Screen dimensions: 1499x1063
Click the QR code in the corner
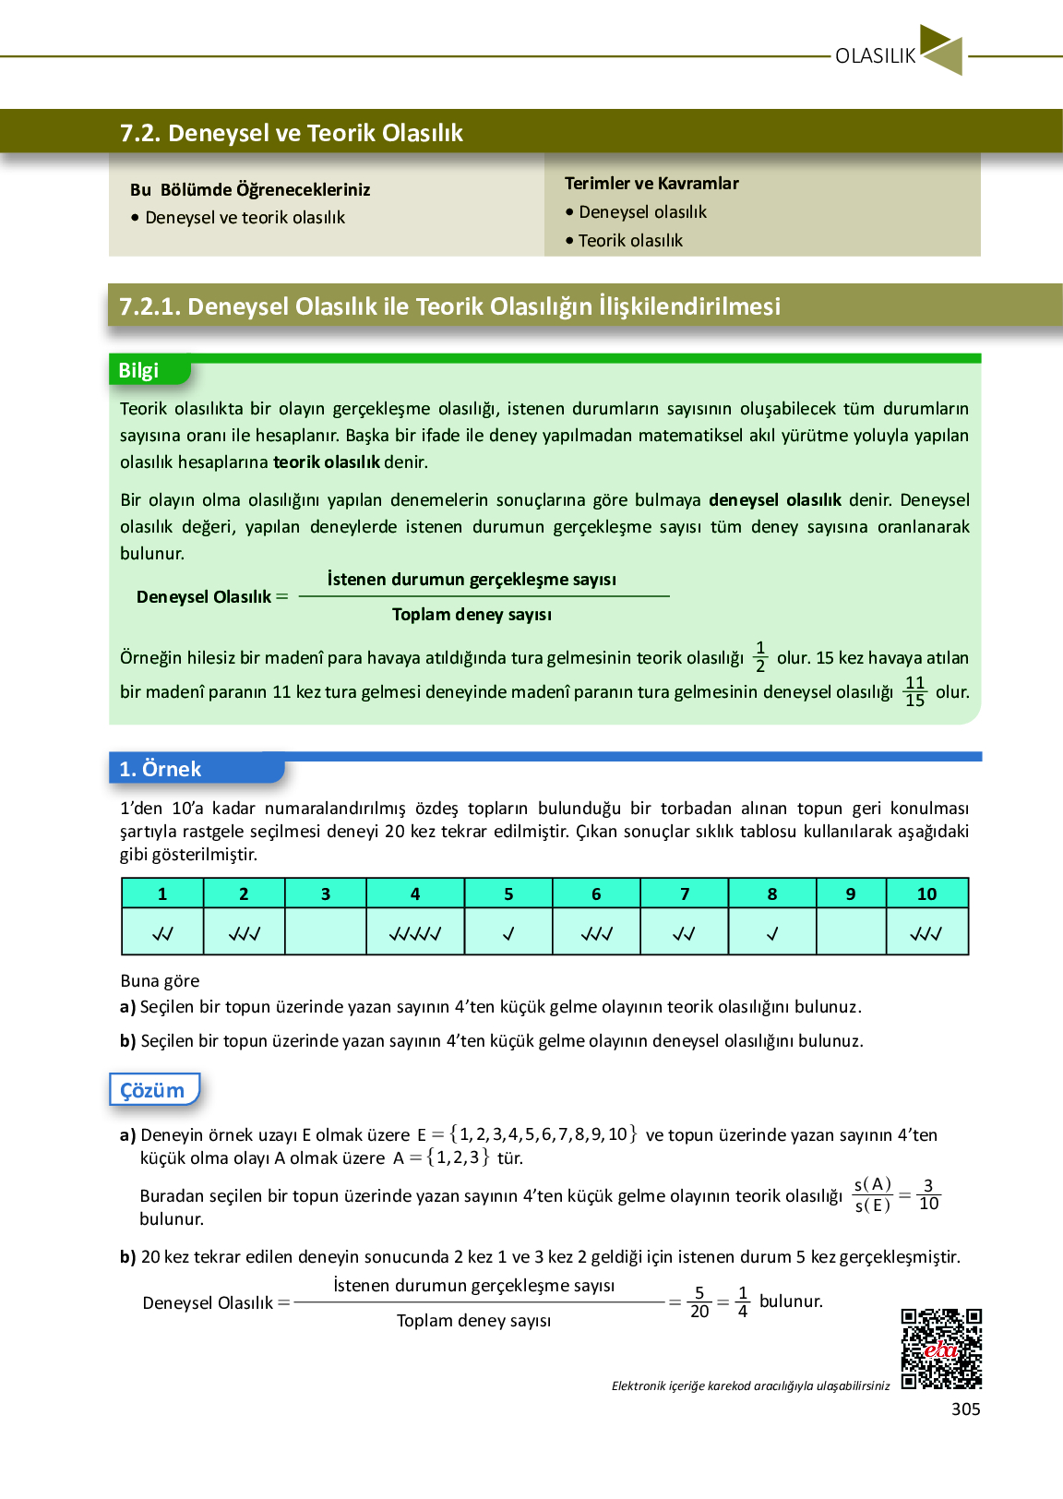click(941, 1349)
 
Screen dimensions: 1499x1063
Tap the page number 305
click(965, 1409)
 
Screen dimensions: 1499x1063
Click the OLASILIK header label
click(875, 56)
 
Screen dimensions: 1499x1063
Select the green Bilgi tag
click(139, 371)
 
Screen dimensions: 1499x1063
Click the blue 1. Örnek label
click(161, 770)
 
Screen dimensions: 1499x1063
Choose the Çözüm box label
click(153, 1091)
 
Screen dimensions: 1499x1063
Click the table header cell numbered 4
click(415, 893)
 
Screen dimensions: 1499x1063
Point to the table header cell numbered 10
click(926, 893)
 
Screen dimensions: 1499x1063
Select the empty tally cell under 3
click(326, 933)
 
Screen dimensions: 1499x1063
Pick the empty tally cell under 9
click(851, 933)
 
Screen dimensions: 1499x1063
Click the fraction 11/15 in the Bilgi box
click(914, 691)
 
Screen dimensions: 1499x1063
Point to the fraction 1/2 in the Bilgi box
click(760, 657)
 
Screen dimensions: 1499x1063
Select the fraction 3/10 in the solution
click(928, 1194)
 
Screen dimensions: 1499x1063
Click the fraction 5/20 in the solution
click(699, 1302)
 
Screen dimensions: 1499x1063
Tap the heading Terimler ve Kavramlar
click(651, 184)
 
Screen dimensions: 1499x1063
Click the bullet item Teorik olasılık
click(630, 241)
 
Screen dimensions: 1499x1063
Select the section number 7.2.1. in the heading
click(149, 306)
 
